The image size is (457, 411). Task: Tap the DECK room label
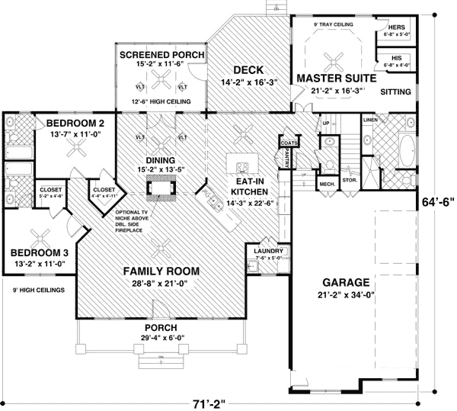click(248, 69)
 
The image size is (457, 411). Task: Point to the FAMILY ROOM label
click(163, 271)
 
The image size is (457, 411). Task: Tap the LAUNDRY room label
click(270, 251)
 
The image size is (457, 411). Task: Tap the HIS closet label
click(396, 57)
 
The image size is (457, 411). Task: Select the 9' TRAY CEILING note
click(335, 24)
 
